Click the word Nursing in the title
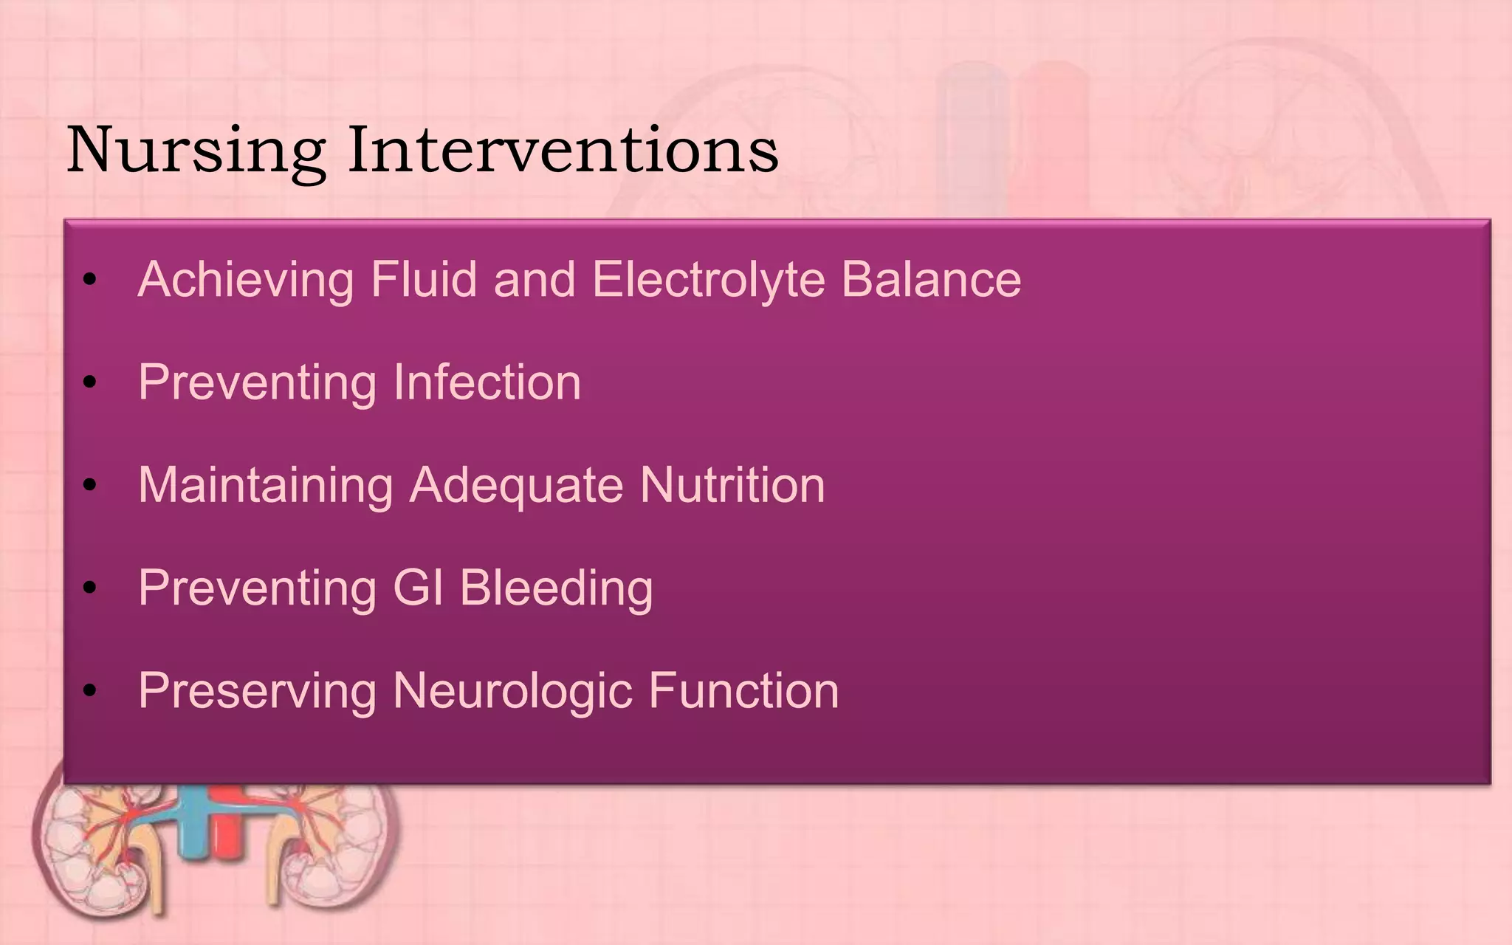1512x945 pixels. click(196, 151)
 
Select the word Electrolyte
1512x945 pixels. click(708, 280)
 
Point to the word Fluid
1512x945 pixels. click(423, 280)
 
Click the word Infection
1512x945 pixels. click(487, 382)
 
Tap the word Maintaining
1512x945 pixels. click(266, 486)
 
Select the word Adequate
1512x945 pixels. click(516, 486)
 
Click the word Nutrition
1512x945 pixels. click(732, 485)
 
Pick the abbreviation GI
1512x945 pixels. click(418, 588)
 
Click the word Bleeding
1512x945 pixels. click(556, 588)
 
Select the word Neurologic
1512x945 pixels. click(512, 692)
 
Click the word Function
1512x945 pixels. click(743, 691)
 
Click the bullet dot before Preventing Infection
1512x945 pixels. click(90, 382)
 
